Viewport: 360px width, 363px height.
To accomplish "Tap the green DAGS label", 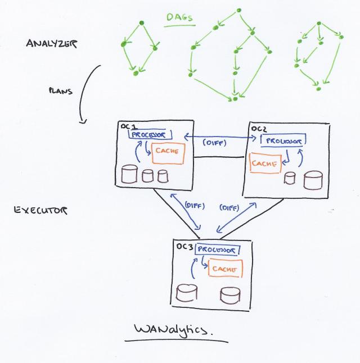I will pos(179,17).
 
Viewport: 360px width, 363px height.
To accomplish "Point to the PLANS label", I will pos(61,90).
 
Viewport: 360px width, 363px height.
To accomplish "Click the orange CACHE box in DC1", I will pos(167,153).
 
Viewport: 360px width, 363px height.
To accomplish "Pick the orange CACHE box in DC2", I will pos(264,163).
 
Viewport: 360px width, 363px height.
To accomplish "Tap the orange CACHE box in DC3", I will pos(225,269).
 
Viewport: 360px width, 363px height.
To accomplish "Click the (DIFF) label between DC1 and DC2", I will pos(214,143).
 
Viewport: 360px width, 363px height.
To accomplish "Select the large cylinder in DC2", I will pos(312,180).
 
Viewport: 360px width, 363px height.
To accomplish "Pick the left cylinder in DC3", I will pos(187,293).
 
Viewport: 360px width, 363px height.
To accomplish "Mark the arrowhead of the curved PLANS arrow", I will pos(83,120).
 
